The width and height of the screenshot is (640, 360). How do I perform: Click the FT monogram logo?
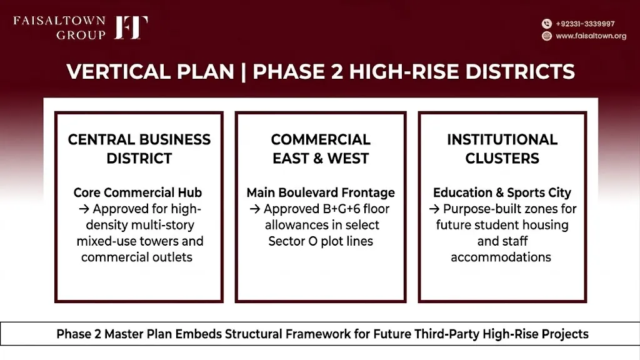click(131, 27)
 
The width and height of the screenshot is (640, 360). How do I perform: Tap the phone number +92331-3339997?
click(585, 24)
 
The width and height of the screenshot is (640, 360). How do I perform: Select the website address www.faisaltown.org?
click(591, 36)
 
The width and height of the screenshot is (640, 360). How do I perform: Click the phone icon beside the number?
click(547, 24)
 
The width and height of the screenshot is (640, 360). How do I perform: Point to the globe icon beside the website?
click(547, 36)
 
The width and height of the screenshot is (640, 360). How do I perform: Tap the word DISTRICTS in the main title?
click(520, 71)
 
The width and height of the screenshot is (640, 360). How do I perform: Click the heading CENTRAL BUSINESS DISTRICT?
click(139, 149)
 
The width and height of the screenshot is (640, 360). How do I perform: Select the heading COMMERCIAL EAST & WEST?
click(321, 149)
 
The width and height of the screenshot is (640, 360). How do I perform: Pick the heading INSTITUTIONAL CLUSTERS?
click(502, 149)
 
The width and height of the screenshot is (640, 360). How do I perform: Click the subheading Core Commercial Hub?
click(137, 192)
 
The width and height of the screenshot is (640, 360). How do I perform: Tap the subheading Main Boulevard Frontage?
click(321, 192)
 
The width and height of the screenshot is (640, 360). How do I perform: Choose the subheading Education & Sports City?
click(502, 192)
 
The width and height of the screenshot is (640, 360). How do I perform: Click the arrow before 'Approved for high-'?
click(84, 209)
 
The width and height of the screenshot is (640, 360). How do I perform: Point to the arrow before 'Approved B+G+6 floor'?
click(255, 209)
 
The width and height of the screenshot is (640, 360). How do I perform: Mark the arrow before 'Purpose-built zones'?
click(434, 209)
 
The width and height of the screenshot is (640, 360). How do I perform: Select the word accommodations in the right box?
click(501, 257)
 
